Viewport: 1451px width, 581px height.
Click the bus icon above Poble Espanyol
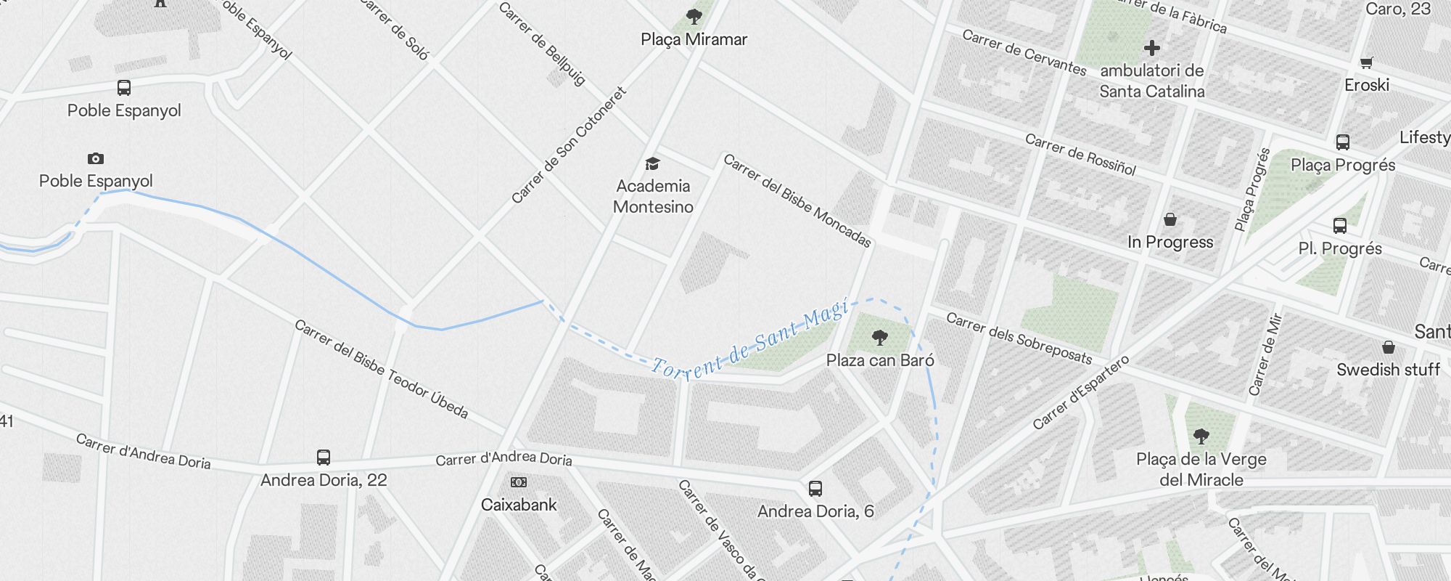(x=124, y=88)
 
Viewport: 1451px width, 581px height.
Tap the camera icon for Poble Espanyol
(x=96, y=158)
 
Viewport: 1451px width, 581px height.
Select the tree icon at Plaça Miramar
(x=694, y=16)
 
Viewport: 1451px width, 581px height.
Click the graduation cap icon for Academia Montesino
(x=653, y=163)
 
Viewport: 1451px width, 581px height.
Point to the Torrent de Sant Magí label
(x=749, y=340)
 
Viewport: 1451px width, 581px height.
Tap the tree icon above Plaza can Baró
(x=879, y=338)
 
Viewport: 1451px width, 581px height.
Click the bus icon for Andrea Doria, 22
(x=324, y=458)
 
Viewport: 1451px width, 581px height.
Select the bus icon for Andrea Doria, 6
(x=815, y=489)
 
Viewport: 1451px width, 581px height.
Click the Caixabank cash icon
(x=519, y=482)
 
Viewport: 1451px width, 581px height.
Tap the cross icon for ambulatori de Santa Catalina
(x=1151, y=49)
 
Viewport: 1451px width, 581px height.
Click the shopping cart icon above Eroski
(x=1367, y=63)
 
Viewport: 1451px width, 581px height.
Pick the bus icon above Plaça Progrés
(x=1343, y=142)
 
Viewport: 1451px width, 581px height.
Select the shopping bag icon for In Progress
(x=1170, y=219)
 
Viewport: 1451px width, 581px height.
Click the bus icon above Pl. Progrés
(x=1340, y=226)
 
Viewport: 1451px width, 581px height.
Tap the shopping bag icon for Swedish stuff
(x=1388, y=347)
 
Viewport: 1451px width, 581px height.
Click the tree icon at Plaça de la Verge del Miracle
(x=1201, y=436)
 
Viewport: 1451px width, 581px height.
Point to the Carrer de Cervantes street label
(x=1024, y=52)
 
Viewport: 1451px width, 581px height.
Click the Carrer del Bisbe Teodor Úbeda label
(x=381, y=369)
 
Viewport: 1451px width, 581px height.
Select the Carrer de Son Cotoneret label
(x=569, y=145)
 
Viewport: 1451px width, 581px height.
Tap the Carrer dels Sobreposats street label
(x=1019, y=338)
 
